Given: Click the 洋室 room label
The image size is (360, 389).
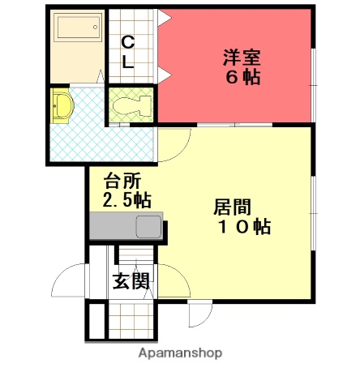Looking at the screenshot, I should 242,58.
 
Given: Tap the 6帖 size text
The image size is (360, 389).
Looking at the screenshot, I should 242,79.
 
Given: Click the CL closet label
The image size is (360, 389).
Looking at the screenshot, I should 128,50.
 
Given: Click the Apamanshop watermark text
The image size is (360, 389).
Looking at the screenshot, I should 180,353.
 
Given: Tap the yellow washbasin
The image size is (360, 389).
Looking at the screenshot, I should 61,106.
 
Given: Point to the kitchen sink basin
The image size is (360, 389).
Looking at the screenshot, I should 149,227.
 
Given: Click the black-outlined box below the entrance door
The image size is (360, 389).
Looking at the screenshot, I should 96,321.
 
